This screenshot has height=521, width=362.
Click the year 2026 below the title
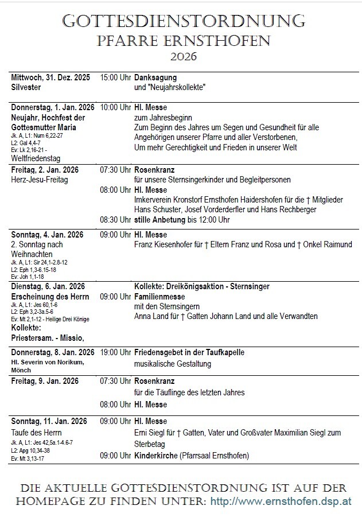184,56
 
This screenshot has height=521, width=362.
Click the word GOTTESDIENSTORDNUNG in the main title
184,21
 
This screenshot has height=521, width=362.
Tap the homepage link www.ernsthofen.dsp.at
282,501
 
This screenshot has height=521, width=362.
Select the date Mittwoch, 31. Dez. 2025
50,77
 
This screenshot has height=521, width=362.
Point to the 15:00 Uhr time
115,77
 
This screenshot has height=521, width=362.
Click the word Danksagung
155,77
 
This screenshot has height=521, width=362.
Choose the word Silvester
26,88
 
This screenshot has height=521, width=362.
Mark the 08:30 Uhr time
115,219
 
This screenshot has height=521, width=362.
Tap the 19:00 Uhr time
115,352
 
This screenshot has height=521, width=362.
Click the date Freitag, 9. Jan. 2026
45,381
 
